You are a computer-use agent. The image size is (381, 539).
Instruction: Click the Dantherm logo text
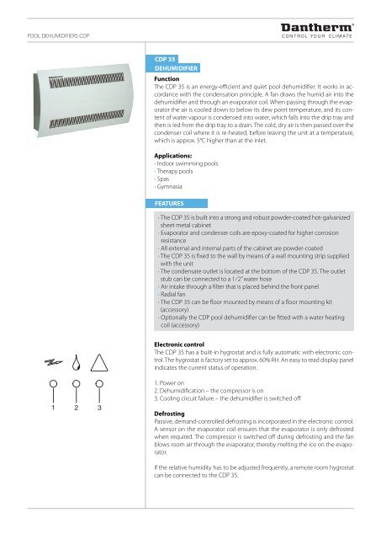coord(328,27)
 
